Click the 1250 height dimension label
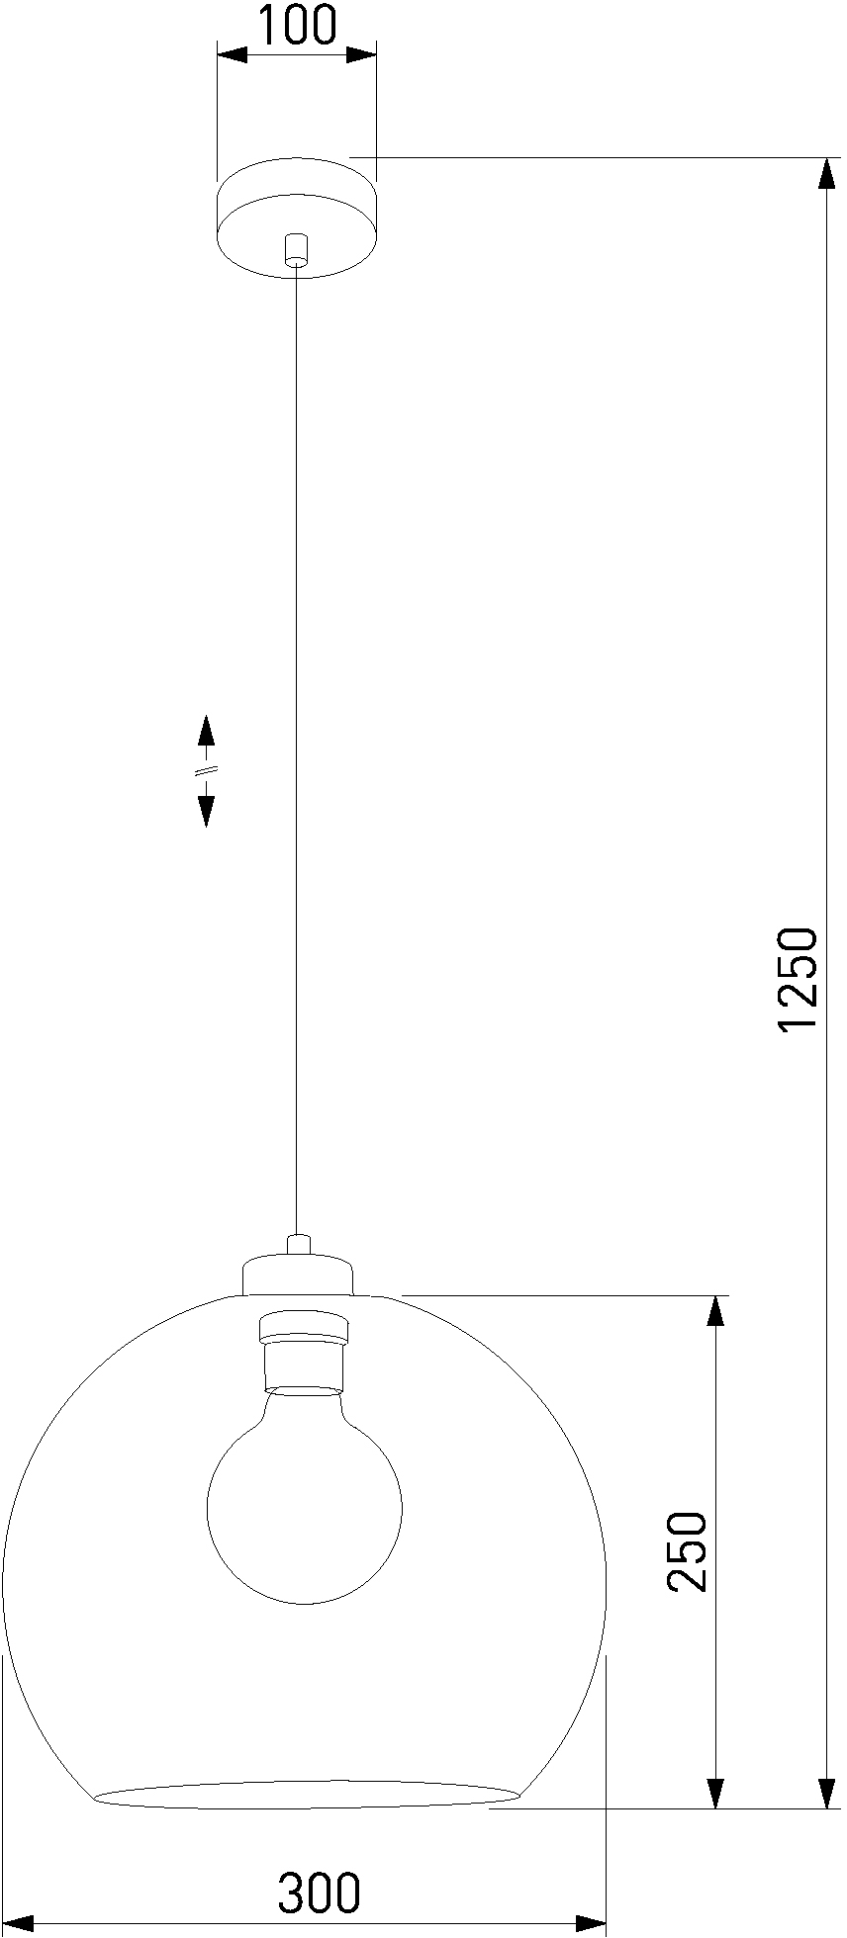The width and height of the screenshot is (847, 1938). (798, 979)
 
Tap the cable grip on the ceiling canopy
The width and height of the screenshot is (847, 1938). (296, 249)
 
